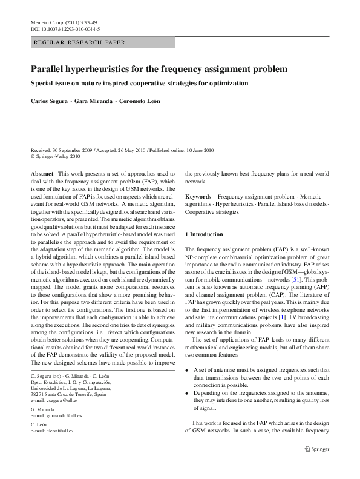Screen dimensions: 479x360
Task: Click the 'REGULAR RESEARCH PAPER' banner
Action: point(79,42)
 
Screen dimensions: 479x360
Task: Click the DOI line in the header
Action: point(65,29)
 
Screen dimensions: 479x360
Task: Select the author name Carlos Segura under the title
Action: point(50,101)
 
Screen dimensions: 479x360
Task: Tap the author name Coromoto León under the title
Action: point(140,101)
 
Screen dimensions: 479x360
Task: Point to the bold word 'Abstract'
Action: point(42,173)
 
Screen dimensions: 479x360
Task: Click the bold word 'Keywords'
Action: point(198,197)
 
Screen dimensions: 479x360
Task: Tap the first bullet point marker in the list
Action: point(188,369)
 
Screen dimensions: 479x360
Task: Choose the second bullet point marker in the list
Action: point(188,393)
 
